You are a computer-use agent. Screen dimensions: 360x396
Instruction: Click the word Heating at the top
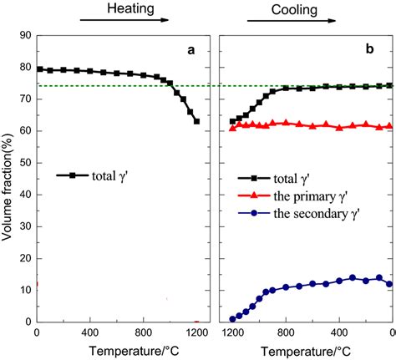[x=130, y=8]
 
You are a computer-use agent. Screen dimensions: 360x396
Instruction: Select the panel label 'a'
[x=190, y=50]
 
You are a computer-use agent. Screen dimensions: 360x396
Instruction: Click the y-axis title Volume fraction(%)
[x=8, y=179]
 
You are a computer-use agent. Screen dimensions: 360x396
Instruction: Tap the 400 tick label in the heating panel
[x=90, y=332]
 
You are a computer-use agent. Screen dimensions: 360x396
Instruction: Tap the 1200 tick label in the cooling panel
[x=232, y=332]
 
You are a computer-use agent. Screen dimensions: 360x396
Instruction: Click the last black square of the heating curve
[x=196, y=121]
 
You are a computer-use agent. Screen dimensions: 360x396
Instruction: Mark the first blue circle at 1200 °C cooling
[x=233, y=318]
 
